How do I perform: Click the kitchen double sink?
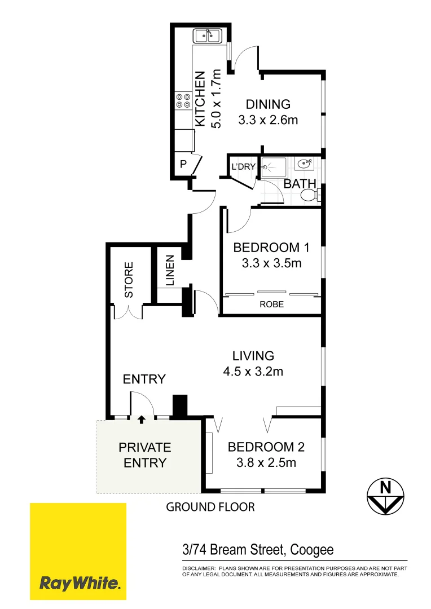click(x=208, y=37)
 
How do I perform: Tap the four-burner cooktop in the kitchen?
click(x=183, y=100)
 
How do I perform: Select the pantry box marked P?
click(x=183, y=165)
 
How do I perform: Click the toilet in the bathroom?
click(x=309, y=195)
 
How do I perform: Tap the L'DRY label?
click(x=244, y=167)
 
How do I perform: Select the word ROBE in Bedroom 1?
click(x=271, y=304)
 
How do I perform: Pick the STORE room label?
click(x=129, y=280)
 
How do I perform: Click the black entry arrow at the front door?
click(x=141, y=419)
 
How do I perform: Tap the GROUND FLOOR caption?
click(x=210, y=507)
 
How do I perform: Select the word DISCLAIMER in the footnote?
click(x=199, y=568)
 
